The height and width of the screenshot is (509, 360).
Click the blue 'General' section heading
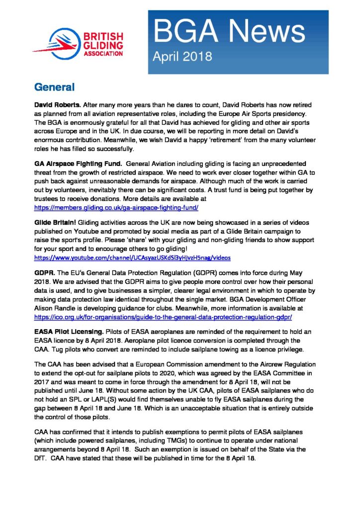point(54,87)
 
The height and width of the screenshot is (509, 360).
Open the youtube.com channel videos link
point(132,258)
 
